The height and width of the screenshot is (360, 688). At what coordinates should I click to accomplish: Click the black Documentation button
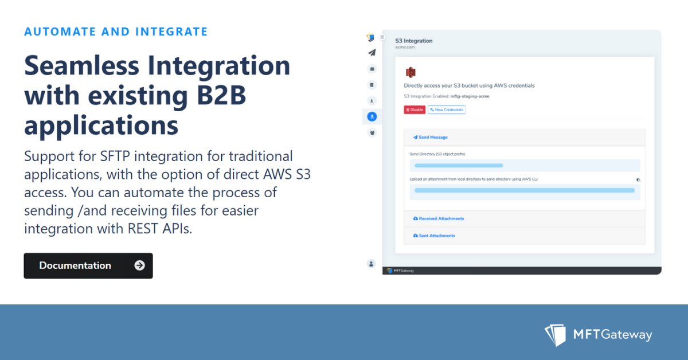(88, 265)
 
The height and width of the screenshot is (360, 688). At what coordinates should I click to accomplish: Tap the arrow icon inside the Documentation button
(139, 265)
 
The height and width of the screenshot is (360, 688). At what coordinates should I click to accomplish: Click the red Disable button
(415, 109)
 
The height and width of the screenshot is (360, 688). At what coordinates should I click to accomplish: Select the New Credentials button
(447, 109)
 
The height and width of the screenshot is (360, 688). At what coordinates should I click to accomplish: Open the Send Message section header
(431, 138)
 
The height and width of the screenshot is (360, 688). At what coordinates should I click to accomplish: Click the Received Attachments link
(439, 218)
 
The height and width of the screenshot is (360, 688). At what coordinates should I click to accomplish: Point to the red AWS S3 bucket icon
(411, 72)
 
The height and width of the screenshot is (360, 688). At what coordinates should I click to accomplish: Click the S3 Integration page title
(414, 41)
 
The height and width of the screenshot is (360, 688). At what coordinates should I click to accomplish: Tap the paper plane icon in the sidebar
(372, 53)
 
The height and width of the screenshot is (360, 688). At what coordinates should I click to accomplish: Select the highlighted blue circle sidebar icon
(372, 116)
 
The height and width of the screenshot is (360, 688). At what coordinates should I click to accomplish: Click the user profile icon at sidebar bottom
(372, 264)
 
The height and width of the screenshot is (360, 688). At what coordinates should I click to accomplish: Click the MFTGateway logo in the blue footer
(598, 335)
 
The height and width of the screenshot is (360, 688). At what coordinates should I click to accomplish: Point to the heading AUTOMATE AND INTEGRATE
(116, 32)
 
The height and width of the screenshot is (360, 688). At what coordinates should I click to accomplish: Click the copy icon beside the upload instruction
(638, 179)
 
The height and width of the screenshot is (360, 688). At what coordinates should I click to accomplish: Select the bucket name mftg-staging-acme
(470, 96)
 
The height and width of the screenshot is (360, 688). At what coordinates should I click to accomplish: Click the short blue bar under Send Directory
(459, 166)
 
